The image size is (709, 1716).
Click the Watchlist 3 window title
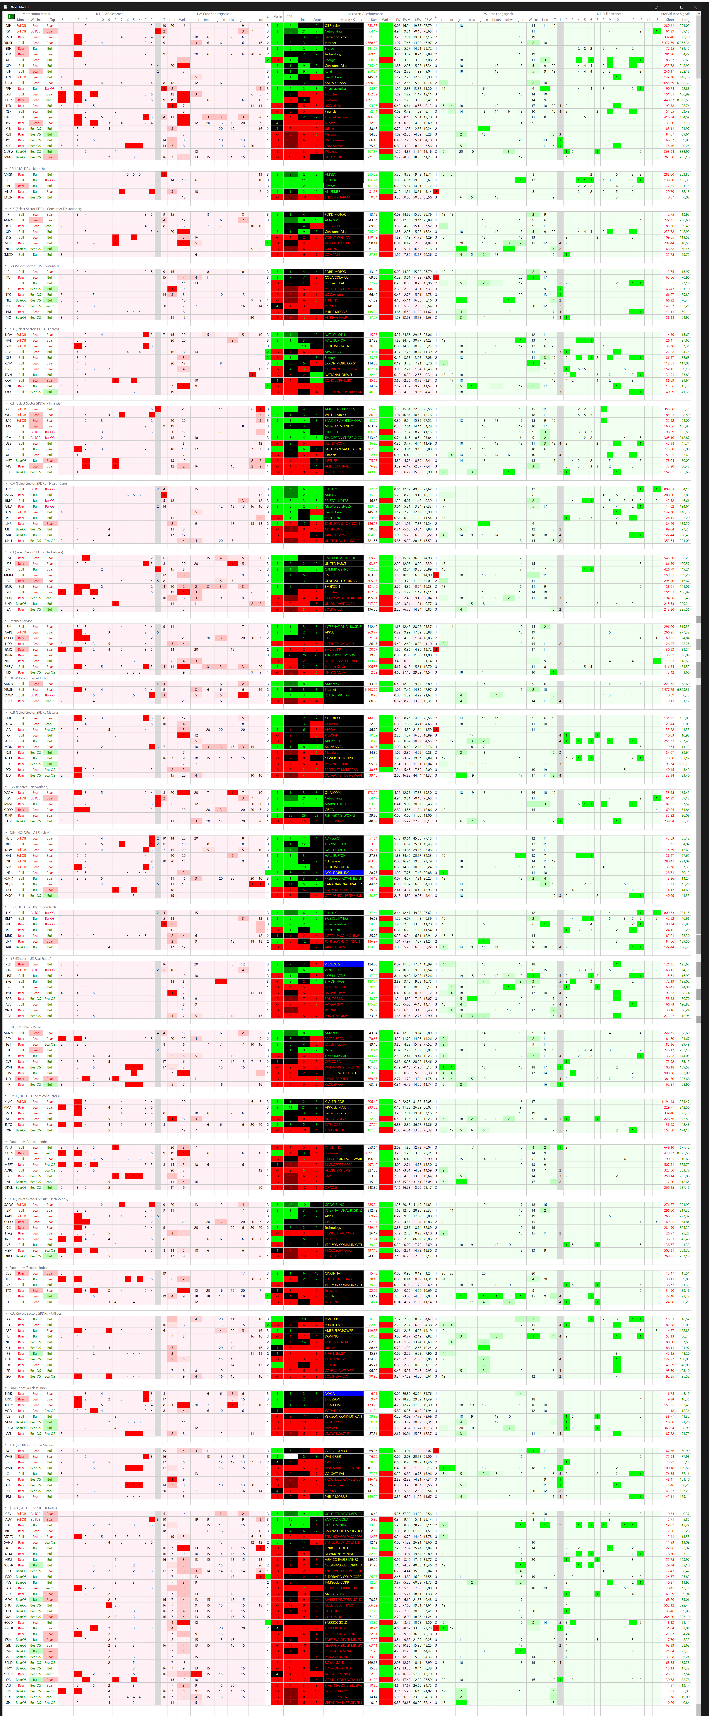(x=20, y=7)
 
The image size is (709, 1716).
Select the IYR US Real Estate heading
(x=30, y=959)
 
